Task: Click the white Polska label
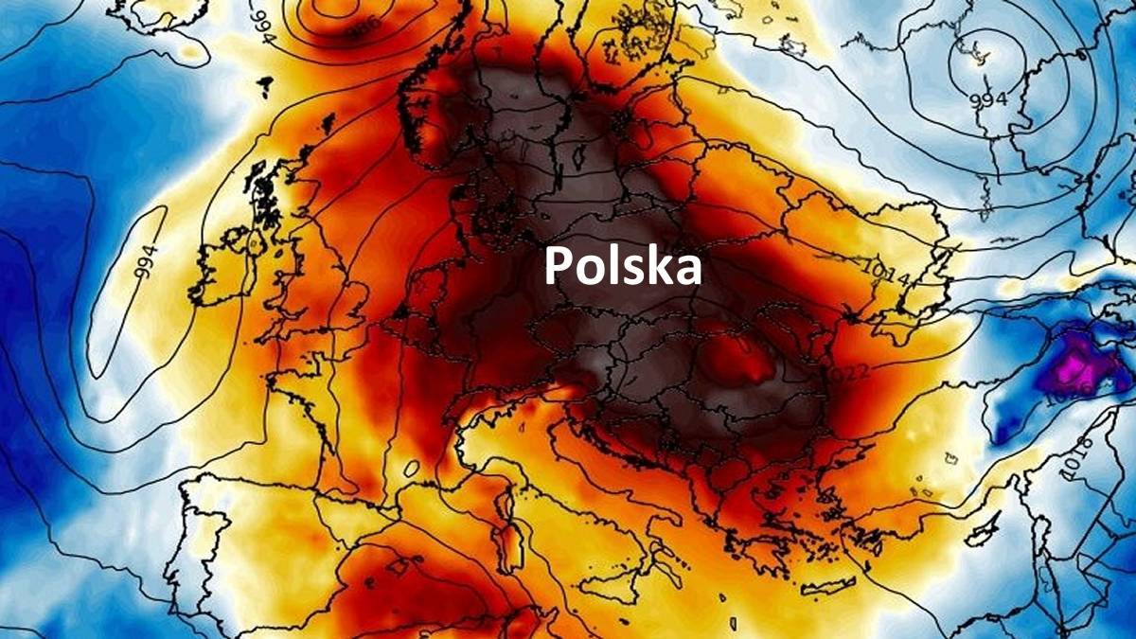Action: coord(623,268)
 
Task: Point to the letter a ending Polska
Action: coord(690,271)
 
